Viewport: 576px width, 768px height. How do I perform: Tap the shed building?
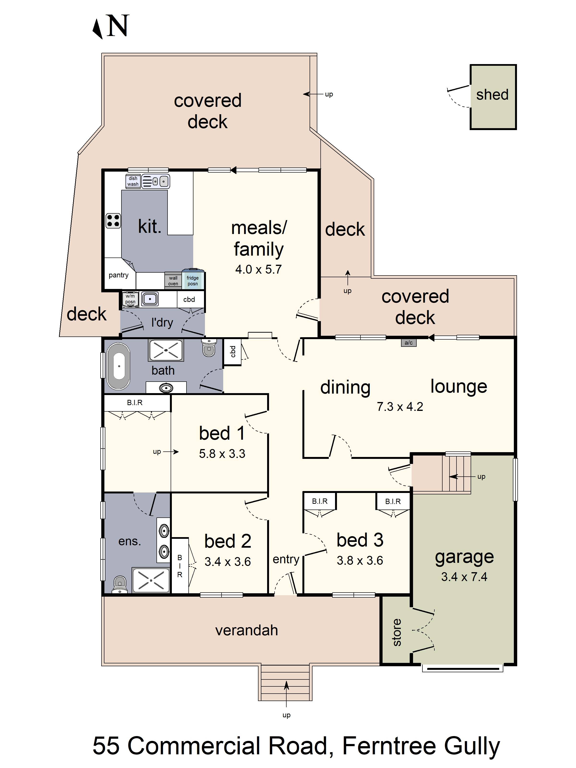pos(493,97)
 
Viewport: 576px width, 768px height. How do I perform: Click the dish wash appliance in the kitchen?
pos(133,181)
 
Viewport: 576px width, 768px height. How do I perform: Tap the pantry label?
pos(118,275)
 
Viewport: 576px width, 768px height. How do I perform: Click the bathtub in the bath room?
pos(118,366)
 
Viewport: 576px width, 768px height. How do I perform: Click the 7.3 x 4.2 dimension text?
pos(400,407)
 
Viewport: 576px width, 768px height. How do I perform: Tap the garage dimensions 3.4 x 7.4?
pos(464,577)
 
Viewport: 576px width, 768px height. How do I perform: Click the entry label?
pos(286,559)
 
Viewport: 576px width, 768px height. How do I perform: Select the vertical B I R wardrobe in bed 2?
pos(180,566)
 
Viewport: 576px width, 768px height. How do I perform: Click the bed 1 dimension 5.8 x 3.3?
pos(222,453)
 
